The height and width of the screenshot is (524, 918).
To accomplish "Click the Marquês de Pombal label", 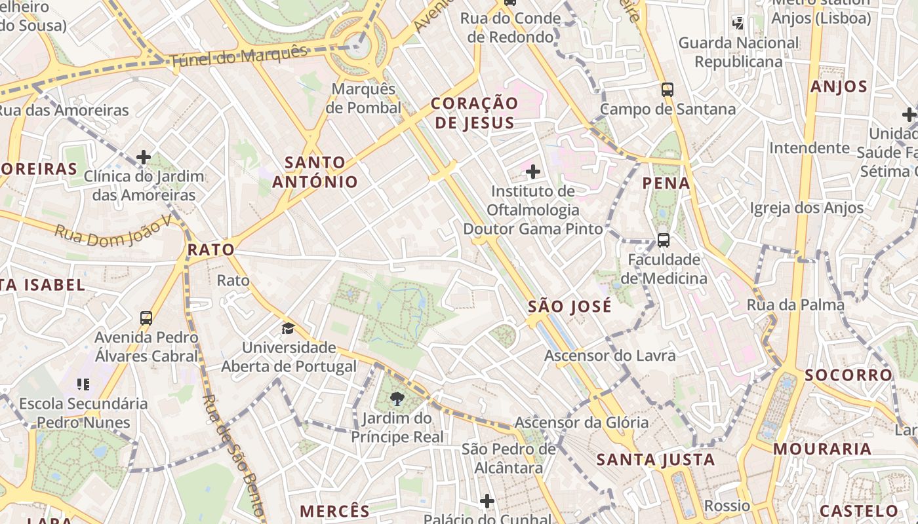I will [363, 98].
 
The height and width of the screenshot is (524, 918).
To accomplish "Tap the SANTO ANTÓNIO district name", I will [315, 172].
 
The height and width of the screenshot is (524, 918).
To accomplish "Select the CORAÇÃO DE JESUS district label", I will [474, 113].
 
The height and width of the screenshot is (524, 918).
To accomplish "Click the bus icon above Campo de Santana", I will [668, 90].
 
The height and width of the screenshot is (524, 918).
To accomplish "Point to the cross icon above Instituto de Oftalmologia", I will [533, 172].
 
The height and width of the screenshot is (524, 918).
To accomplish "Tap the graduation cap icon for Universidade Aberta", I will [288, 328].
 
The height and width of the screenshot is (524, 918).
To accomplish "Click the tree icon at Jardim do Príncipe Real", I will [397, 398].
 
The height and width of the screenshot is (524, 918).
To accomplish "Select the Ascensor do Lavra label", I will [610, 356].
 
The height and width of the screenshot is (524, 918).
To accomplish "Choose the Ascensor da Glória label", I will [581, 422].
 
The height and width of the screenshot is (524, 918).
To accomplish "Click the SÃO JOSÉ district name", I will [569, 307].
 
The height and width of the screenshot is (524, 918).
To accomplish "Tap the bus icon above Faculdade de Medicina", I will [664, 240].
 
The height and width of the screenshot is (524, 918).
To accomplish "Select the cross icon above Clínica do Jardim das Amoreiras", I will [144, 157].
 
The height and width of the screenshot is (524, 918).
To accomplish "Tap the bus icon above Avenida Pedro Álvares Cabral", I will [146, 318].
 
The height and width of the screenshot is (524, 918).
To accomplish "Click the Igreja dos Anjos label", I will [807, 208].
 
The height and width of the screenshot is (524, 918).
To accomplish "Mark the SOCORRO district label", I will [848, 375].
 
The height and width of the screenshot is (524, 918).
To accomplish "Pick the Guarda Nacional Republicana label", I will [738, 52].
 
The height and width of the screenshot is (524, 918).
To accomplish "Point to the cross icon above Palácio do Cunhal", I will [487, 501].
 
